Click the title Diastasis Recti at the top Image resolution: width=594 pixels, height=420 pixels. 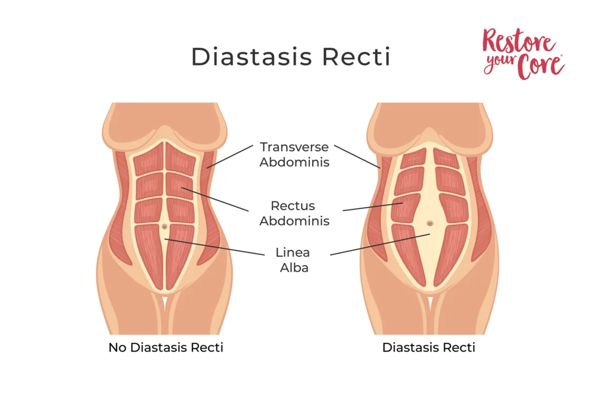pos(291,57)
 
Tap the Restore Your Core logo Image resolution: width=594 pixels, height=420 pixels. pos(523,54)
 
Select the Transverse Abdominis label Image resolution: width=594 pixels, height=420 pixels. pos(294,154)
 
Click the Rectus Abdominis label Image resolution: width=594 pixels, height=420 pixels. pos(294,213)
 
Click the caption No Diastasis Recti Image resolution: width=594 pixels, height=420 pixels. pos(166,348)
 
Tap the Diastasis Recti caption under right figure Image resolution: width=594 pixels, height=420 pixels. pos(429,348)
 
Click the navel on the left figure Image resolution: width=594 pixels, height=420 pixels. pos(165,226)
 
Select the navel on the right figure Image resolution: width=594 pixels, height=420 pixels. pos(430,223)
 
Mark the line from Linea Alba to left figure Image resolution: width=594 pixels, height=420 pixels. pos(215,247)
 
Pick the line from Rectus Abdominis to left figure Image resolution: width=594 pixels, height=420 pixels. pos(215,199)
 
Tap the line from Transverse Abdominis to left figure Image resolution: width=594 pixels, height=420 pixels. pos(231,156)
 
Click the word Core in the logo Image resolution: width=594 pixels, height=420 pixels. pos(540,66)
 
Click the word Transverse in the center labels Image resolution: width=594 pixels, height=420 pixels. pos(294,147)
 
